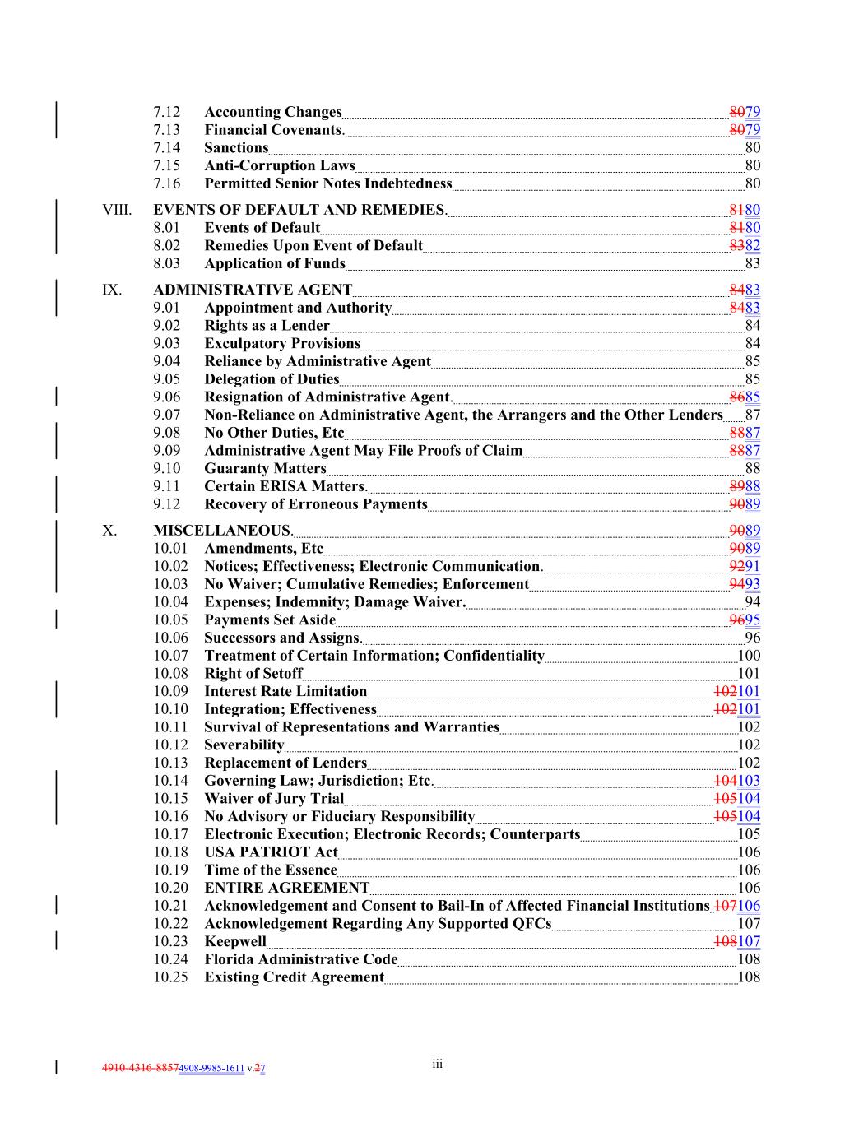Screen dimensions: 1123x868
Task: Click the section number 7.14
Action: (x=166, y=148)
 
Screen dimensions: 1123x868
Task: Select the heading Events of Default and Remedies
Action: (x=299, y=210)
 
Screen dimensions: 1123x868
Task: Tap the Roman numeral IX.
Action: (x=111, y=290)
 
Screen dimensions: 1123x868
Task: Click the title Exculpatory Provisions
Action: (x=281, y=344)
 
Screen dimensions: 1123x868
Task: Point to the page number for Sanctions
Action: (x=752, y=148)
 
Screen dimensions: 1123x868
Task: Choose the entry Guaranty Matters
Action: (x=265, y=469)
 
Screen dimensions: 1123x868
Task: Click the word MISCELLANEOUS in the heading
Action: (x=221, y=531)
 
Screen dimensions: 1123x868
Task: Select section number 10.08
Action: (x=170, y=674)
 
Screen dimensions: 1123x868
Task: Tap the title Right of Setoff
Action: (x=253, y=674)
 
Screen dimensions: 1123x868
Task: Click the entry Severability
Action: (x=244, y=745)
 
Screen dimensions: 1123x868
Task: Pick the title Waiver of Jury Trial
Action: (x=273, y=799)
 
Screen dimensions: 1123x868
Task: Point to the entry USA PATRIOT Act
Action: (x=271, y=852)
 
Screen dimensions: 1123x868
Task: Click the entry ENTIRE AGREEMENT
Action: (x=286, y=888)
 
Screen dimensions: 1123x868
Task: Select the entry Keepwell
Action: (x=234, y=941)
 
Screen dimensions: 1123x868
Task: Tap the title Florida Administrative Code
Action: (x=300, y=959)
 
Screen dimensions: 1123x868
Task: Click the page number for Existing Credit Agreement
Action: (x=749, y=977)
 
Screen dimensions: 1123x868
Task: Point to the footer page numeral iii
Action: (x=437, y=1065)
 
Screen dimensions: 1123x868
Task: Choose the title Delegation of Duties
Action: (x=272, y=379)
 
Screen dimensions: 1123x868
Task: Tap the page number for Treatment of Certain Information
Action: (x=749, y=656)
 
